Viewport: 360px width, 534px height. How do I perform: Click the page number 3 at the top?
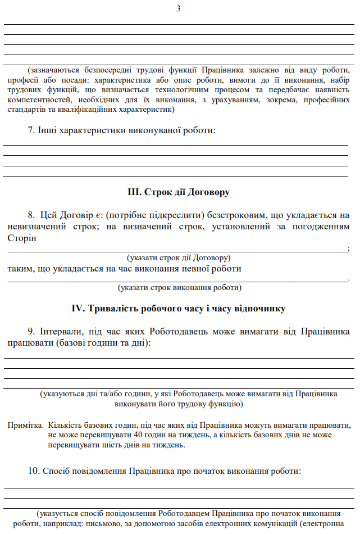(x=179, y=8)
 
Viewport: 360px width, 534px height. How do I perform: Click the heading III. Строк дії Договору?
(x=179, y=192)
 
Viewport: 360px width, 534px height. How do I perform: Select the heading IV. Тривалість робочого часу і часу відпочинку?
(x=179, y=309)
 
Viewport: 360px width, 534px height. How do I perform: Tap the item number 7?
(x=31, y=130)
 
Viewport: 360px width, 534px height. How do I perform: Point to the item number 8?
(x=31, y=215)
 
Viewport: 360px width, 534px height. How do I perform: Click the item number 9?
(x=31, y=332)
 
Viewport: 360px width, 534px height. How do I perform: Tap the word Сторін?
(x=21, y=238)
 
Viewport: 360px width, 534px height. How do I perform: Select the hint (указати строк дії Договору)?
(x=179, y=258)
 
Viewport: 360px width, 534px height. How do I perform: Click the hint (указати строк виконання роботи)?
(x=179, y=287)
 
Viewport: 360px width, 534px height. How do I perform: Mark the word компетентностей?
(x=40, y=99)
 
